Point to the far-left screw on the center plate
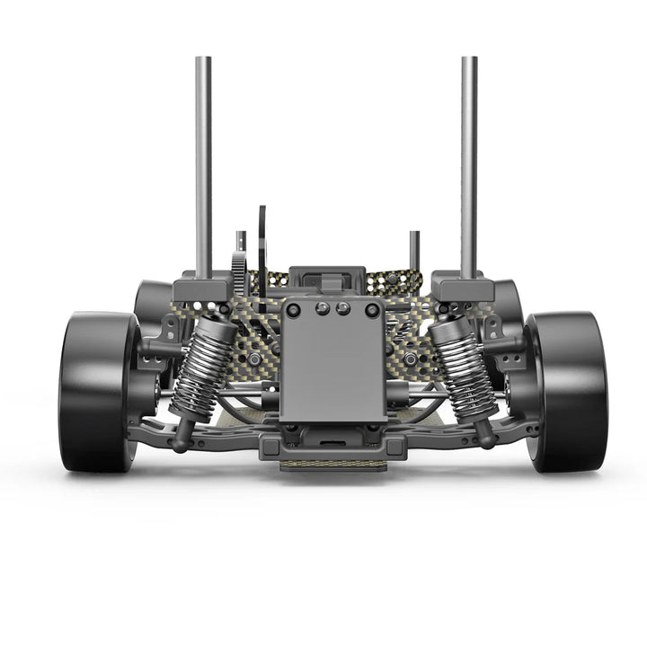coord(293,310)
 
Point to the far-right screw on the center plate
coord(372,310)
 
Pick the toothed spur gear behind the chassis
coord(239,270)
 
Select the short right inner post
coord(414,252)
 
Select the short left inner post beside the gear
coord(241,240)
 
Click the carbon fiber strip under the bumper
coord(333,465)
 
